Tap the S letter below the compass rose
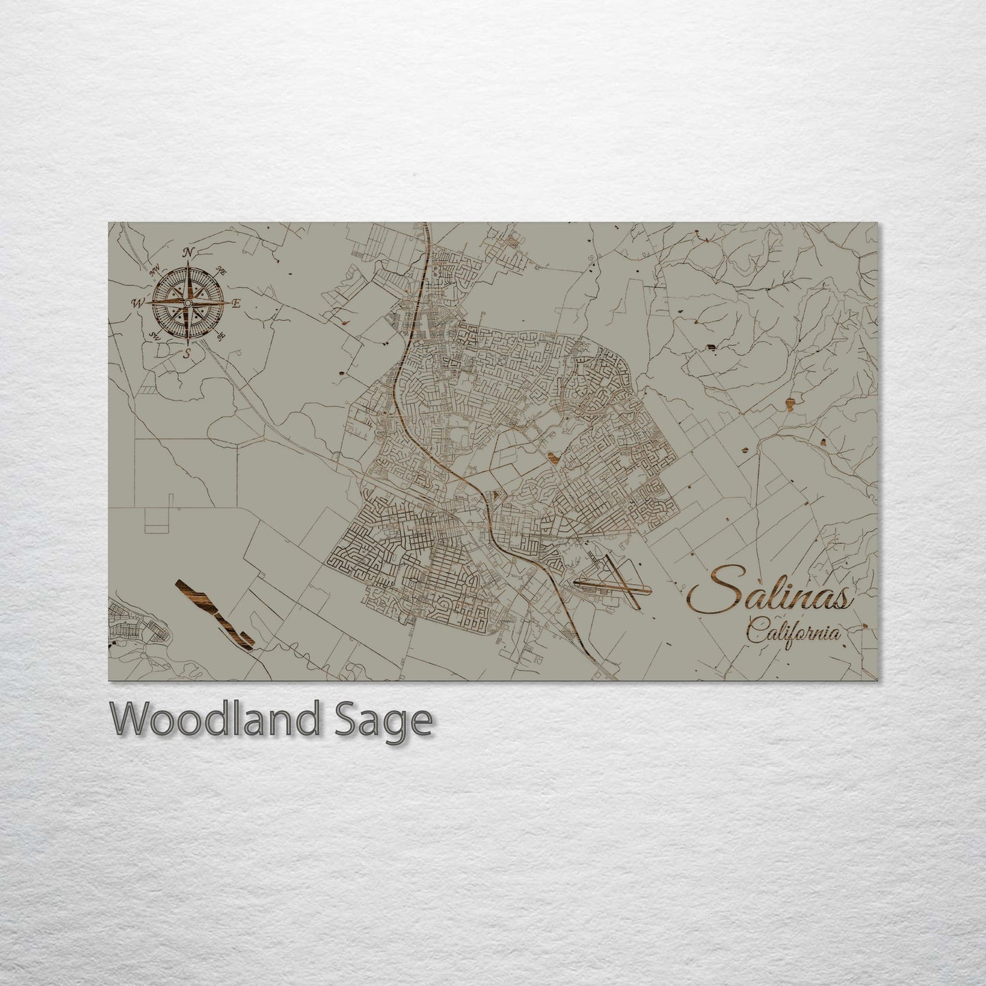187,353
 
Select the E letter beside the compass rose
237,304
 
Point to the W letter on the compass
139,303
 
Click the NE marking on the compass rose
221,270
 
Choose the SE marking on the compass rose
220,336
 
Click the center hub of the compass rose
188,302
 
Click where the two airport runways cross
624,584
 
